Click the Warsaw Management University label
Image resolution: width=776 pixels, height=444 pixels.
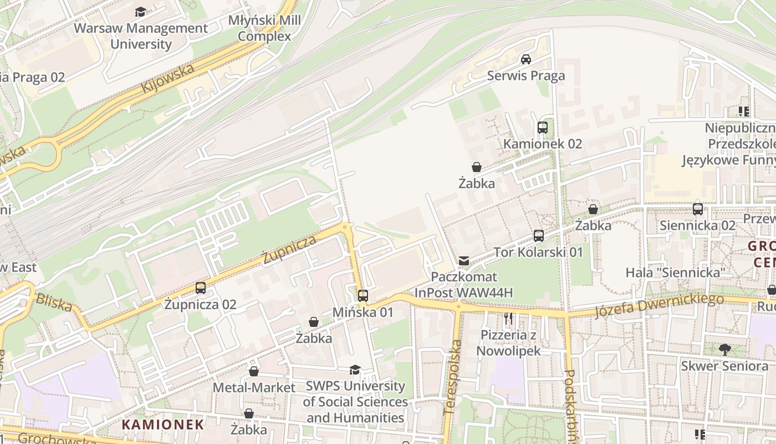click(x=141, y=36)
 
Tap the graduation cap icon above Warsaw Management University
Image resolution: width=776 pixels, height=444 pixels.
click(x=141, y=12)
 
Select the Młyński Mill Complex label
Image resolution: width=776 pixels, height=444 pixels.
click(x=264, y=28)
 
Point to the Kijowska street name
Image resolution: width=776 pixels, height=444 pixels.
click(x=167, y=78)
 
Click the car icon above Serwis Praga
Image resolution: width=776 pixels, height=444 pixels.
click(x=526, y=59)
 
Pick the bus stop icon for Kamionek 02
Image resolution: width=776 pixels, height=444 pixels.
click(x=543, y=128)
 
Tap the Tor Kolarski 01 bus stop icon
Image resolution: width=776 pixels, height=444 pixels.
click(x=539, y=235)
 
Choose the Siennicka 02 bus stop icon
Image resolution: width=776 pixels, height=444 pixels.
click(x=698, y=209)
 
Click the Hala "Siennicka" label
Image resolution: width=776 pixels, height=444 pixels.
click(x=676, y=273)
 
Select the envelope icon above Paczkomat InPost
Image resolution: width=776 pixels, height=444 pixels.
click(x=464, y=260)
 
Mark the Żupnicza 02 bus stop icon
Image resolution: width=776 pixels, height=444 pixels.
click(x=201, y=288)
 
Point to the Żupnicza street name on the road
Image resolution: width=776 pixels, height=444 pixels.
click(x=289, y=249)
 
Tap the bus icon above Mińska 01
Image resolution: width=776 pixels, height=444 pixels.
click(x=363, y=296)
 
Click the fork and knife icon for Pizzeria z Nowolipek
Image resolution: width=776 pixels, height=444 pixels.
click(x=508, y=319)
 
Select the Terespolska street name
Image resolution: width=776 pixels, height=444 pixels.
click(x=453, y=378)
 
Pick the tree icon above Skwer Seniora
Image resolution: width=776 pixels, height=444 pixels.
click(x=724, y=349)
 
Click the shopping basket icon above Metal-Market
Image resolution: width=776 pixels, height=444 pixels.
click(x=254, y=371)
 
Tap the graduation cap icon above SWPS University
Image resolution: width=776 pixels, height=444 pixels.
click(x=355, y=370)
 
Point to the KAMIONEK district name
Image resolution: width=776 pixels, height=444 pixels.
click(x=163, y=425)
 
